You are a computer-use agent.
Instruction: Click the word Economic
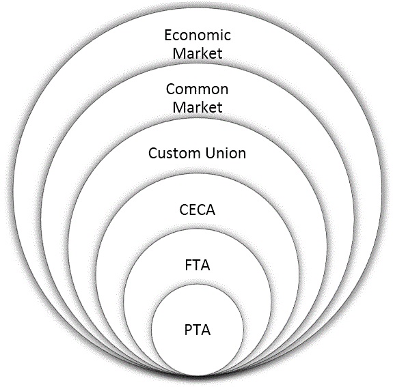pyautogui.click(x=198, y=35)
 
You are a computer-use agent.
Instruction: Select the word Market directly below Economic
pyautogui.click(x=198, y=53)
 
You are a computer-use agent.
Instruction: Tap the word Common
pyautogui.click(x=198, y=89)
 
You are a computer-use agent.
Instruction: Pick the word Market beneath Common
pyautogui.click(x=198, y=107)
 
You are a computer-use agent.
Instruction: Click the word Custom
pyautogui.click(x=175, y=153)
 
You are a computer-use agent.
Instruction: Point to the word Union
pyautogui.click(x=226, y=153)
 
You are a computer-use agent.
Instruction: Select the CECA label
pyautogui.click(x=198, y=210)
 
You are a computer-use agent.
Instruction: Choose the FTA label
pyautogui.click(x=198, y=266)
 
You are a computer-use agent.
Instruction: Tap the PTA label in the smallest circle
pyautogui.click(x=198, y=330)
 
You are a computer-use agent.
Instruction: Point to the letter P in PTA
pyautogui.click(x=188, y=330)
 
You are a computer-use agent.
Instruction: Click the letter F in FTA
pyautogui.click(x=189, y=266)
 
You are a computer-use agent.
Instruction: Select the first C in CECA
pyautogui.click(x=184, y=210)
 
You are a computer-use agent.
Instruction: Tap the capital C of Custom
pyautogui.click(x=153, y=153)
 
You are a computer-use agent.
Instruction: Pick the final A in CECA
pyautogui.click(x=211, y=210)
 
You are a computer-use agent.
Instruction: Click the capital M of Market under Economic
pyautogui.click(x=179, y=53)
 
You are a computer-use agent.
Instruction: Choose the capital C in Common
pyautogui.click(x=171, y=89)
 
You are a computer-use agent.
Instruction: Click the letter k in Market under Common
pyautogui.click(x=206, y=107)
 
